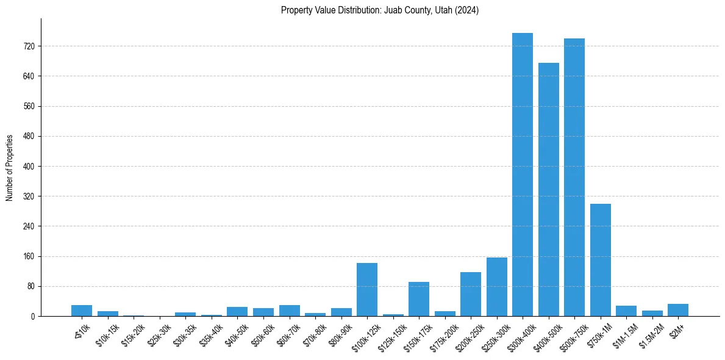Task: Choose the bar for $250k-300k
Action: point(497,287)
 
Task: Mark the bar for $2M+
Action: point(678,310)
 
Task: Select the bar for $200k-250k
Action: point(471,294)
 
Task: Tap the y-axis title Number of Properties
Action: point(10,167)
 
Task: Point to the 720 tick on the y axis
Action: point(29,46)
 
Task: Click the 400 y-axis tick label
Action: point(29,167)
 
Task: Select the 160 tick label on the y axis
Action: point(29,256)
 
